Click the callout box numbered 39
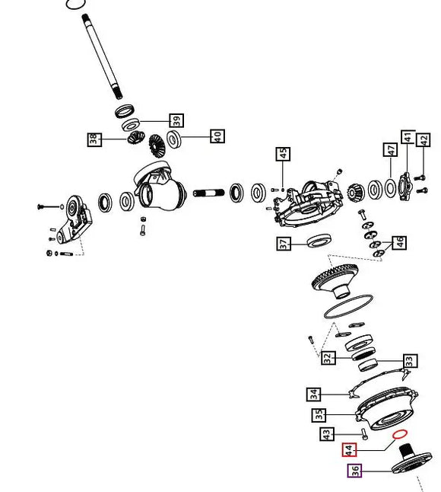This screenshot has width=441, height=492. [x=176, y=120]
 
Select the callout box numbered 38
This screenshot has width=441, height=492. [x=94, y=139]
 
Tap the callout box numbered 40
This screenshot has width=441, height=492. [x=217, y=138]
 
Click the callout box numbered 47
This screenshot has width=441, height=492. [x=391, y=150]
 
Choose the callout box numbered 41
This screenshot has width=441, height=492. [x=408, y=139]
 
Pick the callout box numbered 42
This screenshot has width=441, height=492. [x=424, y=142]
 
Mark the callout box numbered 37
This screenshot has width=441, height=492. [x=284, y=244]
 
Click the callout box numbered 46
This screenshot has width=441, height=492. [x=399, y=244]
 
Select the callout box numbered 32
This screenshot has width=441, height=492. [x=328, y=359]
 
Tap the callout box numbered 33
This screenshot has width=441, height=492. [x=409, y=360]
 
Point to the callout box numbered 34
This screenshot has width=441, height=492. [x=314, y=395]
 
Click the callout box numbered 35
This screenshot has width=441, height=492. [x=319, y=416]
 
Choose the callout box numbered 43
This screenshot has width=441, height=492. [x=327, y=435]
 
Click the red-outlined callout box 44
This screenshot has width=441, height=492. [x=348, y=450]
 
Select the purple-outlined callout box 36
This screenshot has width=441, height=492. [x=354, y=471]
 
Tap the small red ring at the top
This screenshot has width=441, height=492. [x=74, y=4]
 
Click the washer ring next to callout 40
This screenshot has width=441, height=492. [x=174, y=139]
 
